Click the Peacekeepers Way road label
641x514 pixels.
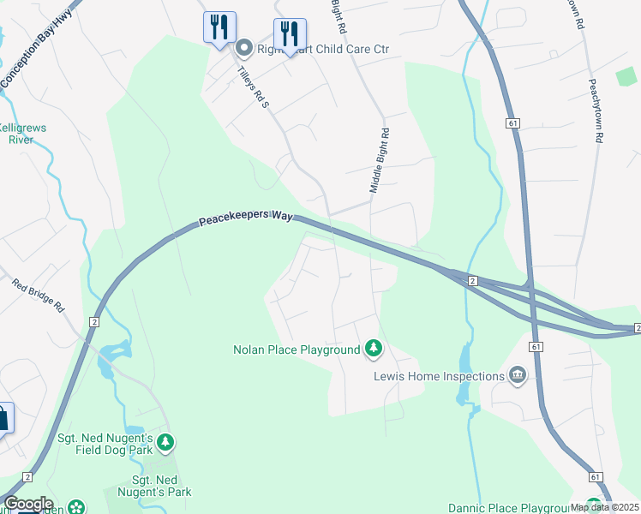pos(246,220)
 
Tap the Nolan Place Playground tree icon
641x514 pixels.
pos(373,349)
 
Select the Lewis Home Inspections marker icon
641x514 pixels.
pos(518,376)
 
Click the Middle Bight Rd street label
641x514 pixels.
pos(380,160)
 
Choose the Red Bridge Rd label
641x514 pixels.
pos(38,294)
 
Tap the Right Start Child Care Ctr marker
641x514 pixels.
pos(243,49)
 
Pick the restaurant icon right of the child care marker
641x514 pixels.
pos(290,34)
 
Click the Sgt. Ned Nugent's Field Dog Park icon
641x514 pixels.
pos(165,443)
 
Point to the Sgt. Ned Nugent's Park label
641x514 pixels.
pos(162,486)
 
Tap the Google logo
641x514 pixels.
pos(28,504)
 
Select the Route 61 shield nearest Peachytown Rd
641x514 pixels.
pos(513,123)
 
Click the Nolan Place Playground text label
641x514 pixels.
pos(297,350)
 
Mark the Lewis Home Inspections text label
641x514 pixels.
pos(439,376)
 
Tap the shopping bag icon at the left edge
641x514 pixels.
pos(3,419)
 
